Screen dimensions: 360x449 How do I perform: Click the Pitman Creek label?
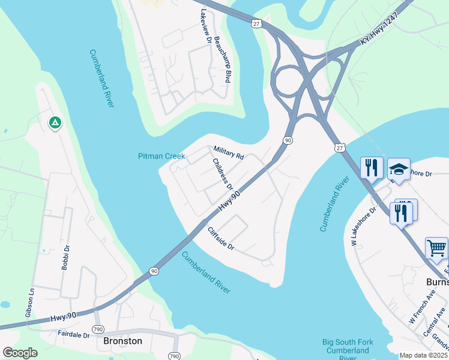161,156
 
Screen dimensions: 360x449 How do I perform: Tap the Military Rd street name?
229,152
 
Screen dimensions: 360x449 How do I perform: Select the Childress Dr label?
222,173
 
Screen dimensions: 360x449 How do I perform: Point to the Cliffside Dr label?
220,238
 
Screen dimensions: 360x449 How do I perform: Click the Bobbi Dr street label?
67,257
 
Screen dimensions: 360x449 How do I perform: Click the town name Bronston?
123,341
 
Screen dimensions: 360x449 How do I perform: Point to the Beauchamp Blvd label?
223,59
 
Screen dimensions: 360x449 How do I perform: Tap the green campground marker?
55,123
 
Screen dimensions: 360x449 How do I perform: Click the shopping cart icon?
436,247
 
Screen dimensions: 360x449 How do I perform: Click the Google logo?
20,353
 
